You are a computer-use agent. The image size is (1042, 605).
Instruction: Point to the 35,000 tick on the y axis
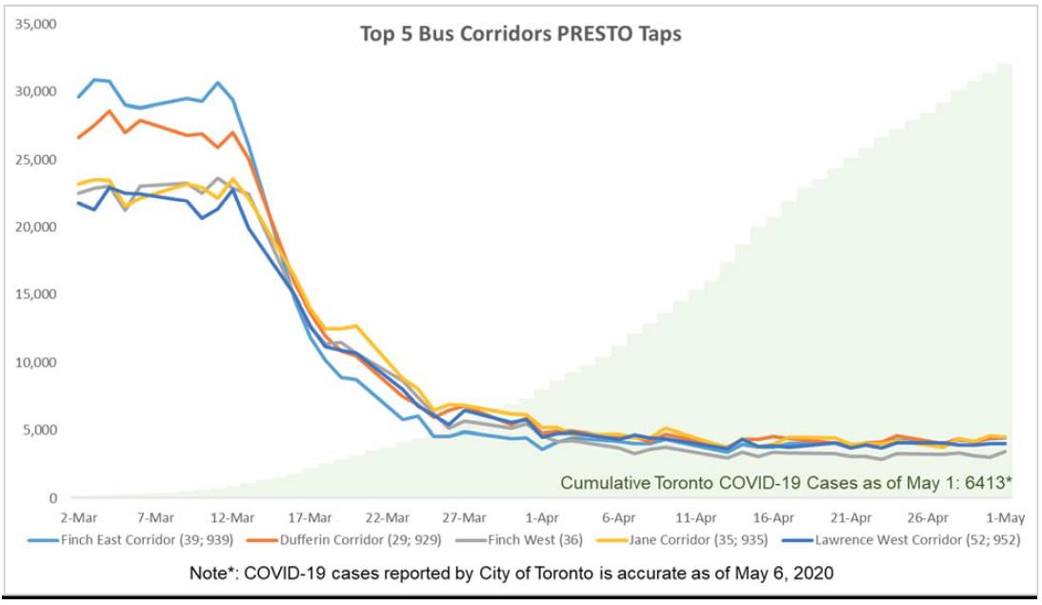pyautogui.click(x=37, y=23)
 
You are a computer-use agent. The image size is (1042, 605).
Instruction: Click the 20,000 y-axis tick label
pyautogui.click(x=37, y=227)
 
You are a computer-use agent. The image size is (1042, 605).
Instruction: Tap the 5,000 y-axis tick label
pyautogui.click(x=41, y=430)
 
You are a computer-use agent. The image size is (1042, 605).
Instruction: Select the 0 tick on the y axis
pyautogui.click(x=53, y=497)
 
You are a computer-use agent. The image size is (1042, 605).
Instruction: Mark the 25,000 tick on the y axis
pyautogui.click(x=37, y=159)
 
